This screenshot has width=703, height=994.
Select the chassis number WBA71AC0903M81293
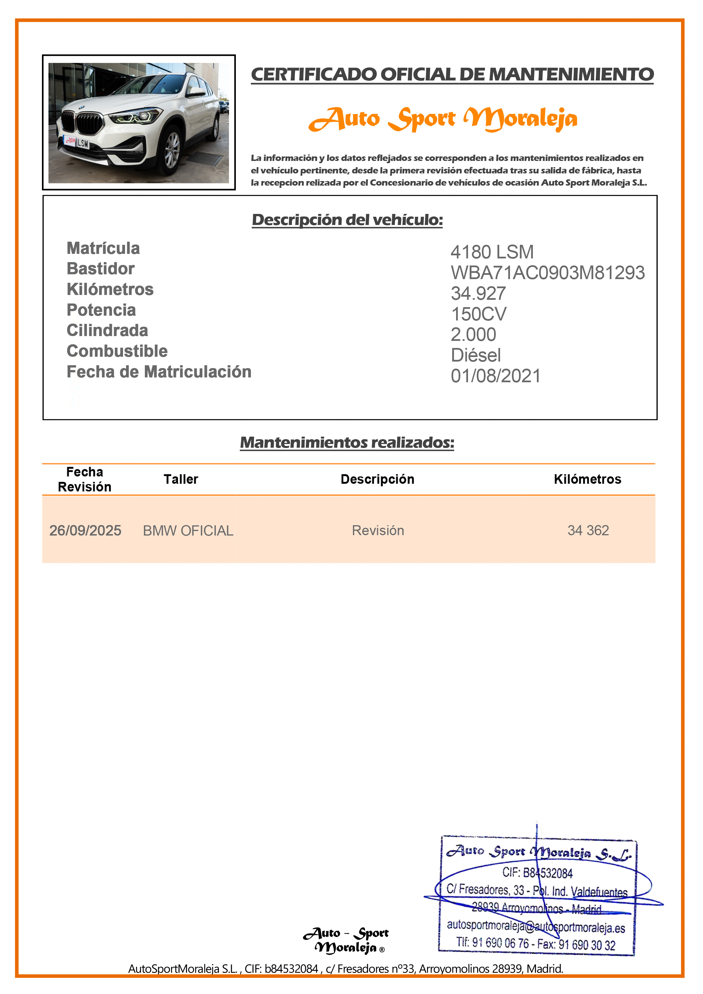tap(547, 273)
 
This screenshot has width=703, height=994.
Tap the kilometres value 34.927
tap(478, 294)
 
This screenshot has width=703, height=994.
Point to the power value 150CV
tap(478, 314)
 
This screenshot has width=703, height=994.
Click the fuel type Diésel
tap(476, 355)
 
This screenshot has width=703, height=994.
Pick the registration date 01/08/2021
tap(496, 376)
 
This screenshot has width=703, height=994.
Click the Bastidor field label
tap(101, 269)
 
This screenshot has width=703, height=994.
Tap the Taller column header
tap(181, 479)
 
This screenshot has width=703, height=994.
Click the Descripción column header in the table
tap(377, 479)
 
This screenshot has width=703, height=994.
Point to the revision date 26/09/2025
tap(85, 530)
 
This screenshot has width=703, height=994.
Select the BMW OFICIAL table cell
tap(188, 530)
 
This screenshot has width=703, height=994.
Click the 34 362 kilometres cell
tap(588, 530)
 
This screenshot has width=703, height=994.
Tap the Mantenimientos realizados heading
tap(347, 442)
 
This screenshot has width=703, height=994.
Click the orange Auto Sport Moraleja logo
tap(443, 119)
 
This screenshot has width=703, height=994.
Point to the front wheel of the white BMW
tap(172, 150)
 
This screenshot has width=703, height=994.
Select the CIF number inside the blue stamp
tap(537, 873)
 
